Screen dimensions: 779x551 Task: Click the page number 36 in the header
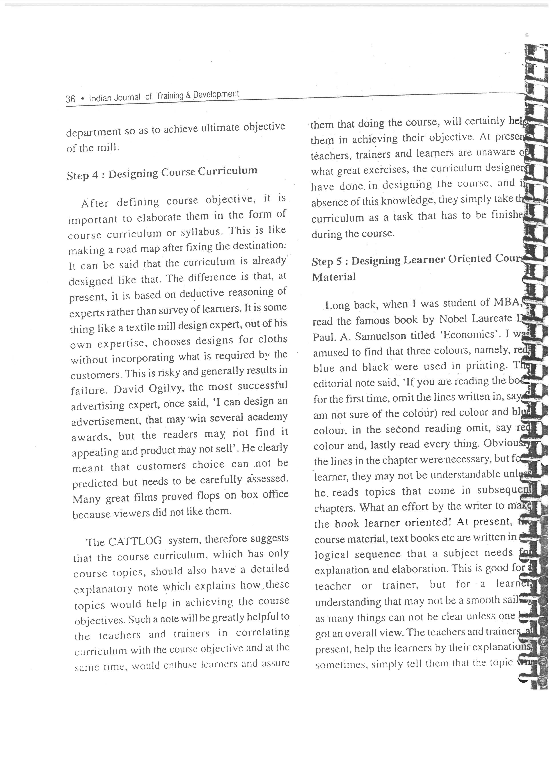(x=70, y=99)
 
